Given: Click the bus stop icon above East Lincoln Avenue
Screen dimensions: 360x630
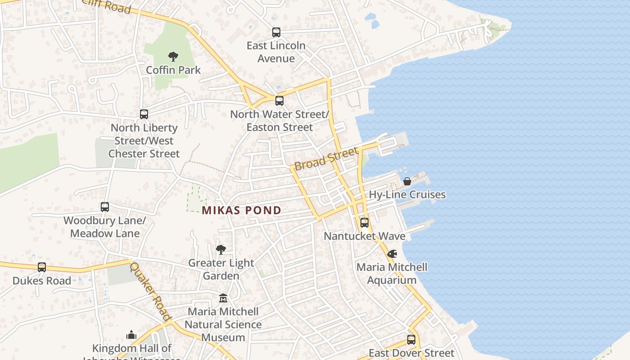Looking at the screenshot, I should click(x=276, y=32).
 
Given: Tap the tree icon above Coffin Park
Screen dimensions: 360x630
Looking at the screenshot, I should click(x=173, y=57).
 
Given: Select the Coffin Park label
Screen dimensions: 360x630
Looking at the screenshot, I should click(x=173, y=70).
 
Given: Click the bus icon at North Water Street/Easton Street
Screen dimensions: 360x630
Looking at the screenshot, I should click(x=279, y=101).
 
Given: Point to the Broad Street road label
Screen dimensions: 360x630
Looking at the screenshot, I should click(x=326, y=158).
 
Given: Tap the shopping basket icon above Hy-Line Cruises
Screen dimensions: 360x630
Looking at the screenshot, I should click(x=407, y=181).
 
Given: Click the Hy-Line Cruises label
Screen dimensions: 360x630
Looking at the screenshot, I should click(x=407, y=194).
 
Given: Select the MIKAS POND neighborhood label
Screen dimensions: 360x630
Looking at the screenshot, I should click(x=242, y=210).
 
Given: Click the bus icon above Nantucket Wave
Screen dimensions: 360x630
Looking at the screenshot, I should click(x=364, y=223).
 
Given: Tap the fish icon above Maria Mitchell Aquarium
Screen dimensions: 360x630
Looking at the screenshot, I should click(x=392, y=254).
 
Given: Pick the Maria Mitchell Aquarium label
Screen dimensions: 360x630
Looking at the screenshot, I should click(x=392, y=274).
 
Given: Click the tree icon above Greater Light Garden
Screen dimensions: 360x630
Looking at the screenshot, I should click(x=221, y=249).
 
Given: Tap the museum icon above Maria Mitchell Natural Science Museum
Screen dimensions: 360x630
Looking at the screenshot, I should click(x=223, y=298).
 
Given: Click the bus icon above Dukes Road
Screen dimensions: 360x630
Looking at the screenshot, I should click(x=42, y=267).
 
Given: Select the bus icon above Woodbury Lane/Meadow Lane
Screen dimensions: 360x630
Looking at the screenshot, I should click(x=105, y=207).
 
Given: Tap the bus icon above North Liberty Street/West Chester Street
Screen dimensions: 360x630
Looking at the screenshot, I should click(x=144, y=114).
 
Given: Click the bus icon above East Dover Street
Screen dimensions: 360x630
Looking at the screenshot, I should click(x=411, y=340).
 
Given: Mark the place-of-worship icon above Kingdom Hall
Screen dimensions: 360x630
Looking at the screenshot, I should click(x=131, y=335).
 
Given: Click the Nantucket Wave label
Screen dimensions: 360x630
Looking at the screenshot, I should click(x=364, y=236).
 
